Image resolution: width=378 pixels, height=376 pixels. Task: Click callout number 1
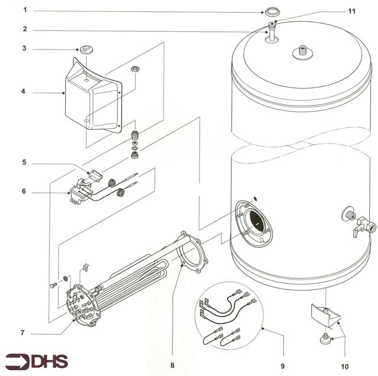coord(25,11)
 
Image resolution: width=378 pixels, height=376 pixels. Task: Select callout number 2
coord(25,29)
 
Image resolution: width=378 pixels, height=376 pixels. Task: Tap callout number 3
coord(25,48)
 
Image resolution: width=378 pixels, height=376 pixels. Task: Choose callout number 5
coord(25,162)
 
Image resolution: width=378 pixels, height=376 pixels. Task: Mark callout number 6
coord(25,192)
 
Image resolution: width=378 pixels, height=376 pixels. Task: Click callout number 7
coord(22,333)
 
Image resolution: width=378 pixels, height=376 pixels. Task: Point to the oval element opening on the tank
coord(255,222)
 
